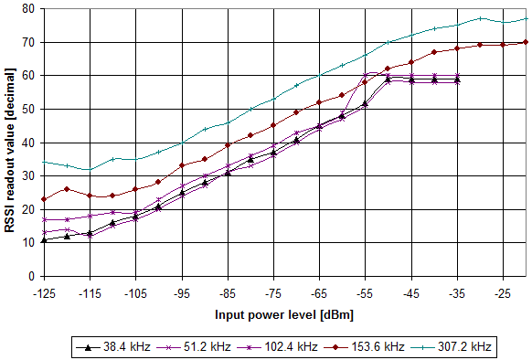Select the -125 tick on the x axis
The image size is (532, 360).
coord(44,295)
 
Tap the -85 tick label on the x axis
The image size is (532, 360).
coord(227,295)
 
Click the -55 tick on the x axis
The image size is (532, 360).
coord(365,295)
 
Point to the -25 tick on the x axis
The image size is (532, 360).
coord(502,295)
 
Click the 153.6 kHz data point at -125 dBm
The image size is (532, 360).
coord(44,199)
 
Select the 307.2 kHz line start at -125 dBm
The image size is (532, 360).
coord(44,162)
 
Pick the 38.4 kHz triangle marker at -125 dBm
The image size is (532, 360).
coord(44,239)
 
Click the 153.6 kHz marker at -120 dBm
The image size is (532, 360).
coord(67,189)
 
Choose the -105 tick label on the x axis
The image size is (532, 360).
coord(135,295)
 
